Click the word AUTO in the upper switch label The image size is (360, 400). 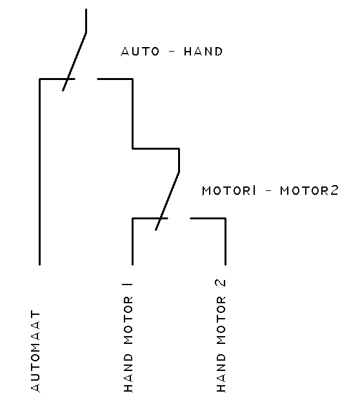click(140, 51)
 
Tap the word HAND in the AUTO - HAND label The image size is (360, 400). click(203, 51)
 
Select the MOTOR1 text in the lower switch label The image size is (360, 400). click(229, 190)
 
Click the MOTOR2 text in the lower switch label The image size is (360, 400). click(309, 190)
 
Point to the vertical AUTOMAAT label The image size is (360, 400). click(35, 351)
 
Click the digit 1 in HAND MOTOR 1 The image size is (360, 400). click(128, 283)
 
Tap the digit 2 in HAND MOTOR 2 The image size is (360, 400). click(221, 283)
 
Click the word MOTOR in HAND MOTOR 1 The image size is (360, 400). click(128, 321)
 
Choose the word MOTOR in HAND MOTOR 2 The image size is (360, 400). click(221, 321)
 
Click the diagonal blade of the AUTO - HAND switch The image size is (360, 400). click(74, 61)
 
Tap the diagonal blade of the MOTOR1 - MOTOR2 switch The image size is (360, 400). click(167, 201)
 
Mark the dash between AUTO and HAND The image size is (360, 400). click(172, 51)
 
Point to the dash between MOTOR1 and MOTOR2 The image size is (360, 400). click(268, 190)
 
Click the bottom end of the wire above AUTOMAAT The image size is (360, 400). click(39, 265)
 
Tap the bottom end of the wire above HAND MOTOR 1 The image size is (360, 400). click(132, 265)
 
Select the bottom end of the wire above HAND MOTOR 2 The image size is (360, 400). click(226, 265)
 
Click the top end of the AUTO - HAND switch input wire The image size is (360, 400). click(86, 9)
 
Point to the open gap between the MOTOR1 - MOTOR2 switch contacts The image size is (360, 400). click(179, 218)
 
